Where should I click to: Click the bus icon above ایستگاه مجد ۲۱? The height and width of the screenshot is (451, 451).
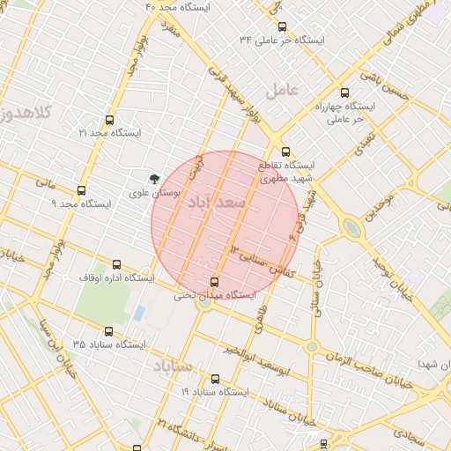coord(109,120)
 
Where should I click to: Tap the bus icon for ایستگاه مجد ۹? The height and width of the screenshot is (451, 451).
coord(82,190)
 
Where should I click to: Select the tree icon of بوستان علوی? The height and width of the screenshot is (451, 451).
coord(155,177)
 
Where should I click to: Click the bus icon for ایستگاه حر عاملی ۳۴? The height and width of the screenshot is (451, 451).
coord(282,27)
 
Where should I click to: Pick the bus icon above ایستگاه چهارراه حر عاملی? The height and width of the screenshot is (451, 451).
coord(344,92)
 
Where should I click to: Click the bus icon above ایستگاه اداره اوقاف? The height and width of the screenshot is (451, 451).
coord(117,264)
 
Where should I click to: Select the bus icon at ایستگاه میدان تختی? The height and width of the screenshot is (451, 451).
coord(214,282)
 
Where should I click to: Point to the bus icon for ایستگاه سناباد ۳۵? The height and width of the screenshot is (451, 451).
coord(109,331)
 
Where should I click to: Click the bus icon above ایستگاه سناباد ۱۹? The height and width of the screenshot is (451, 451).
coord(216,379)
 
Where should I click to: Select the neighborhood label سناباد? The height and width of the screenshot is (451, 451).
coord(173,365)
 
